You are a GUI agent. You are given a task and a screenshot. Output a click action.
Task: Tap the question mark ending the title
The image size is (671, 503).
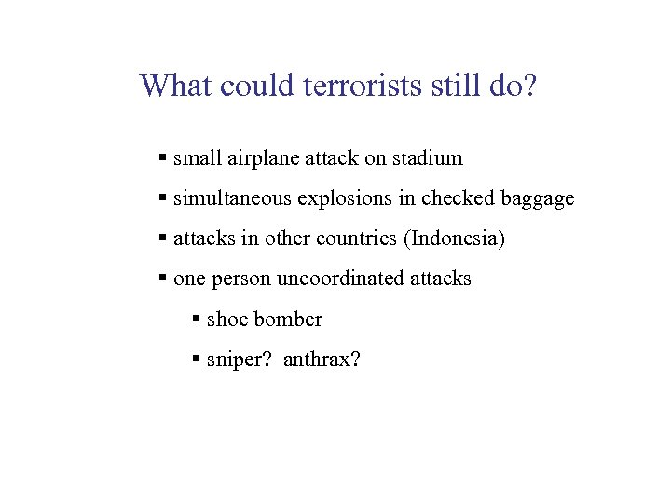pos(529,86)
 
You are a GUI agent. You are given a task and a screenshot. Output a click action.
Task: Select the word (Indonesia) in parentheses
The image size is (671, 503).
pos(454,238)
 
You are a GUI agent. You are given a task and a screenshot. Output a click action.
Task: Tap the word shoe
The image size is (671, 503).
pos(226,319)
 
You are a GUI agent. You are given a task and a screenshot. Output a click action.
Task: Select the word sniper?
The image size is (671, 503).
pos(239,360)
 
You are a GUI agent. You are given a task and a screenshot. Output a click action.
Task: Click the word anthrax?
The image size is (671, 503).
pos(322,360)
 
